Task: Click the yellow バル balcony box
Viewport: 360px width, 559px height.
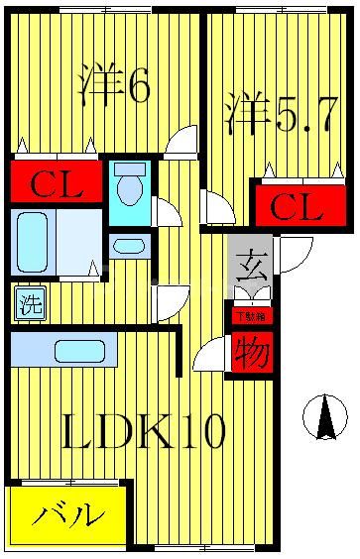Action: tap(68, 515)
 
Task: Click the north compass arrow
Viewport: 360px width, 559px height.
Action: tap(325, 416)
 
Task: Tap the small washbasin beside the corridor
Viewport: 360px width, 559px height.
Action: tap(128, 245)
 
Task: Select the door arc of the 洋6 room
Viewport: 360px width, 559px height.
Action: tap(183, 144)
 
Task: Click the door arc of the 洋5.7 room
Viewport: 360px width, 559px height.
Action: tap(217, 207)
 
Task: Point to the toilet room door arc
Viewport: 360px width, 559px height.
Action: tap(167, 211)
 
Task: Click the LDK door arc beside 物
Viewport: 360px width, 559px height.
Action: tap(210, 356)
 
